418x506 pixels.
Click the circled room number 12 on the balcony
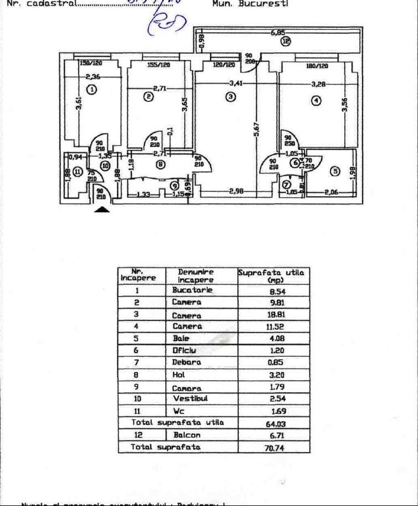[x=286, y=40]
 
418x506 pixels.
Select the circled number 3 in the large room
[x=231, y=96]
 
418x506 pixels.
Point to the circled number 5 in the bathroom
[x=334, y=171]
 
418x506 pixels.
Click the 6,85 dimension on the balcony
[x=278, y=33]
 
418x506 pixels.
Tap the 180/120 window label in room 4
[x=317, y=66]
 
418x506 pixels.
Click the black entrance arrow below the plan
[x=103, y=209]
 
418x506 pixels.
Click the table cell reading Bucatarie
[x=192, y=290]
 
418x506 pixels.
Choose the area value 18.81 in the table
[x=275, y=314]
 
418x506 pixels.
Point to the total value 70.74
[x=274, y=448]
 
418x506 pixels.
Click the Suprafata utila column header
[x=272, y=276]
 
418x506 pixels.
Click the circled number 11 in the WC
[x=77, y=171]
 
